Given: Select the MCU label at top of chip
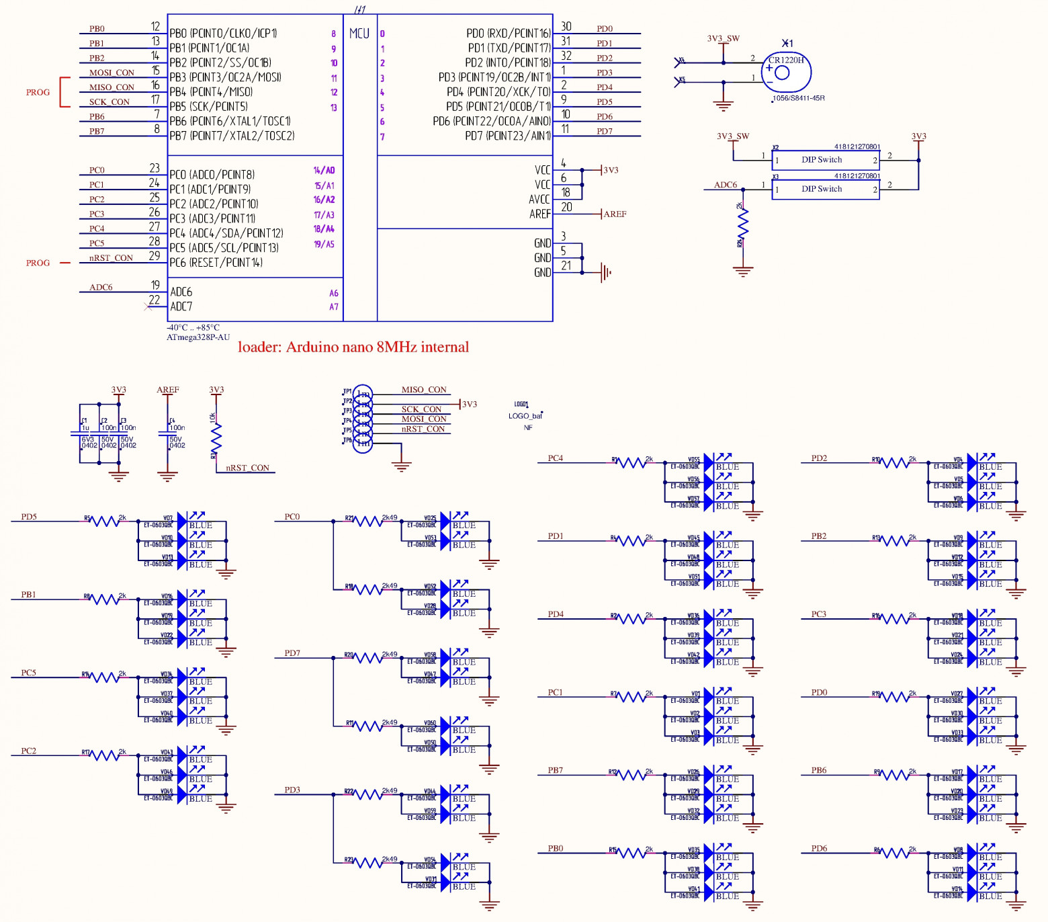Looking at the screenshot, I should (x=359, y=34).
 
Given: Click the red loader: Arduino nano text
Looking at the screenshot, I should (x=353, y=347).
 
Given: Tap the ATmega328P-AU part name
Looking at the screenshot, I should (x=198, y=337).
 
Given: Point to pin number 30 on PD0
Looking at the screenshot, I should (x=566, y=27).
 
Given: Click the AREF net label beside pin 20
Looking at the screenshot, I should (x=615, y=214).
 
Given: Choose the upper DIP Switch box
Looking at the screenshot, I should (x=826, y=161).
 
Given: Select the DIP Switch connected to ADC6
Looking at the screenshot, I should (x=826, y=190).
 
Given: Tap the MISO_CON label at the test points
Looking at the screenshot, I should (x=424, y=390).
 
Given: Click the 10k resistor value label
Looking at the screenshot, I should (x=213, y=417).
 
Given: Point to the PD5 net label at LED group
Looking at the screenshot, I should (x=29, y=517).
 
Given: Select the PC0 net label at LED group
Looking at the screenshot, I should (x=292, y=517).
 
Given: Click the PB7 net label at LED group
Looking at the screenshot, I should (x=556, y=770).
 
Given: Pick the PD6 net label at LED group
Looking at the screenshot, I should (x=819, y=848).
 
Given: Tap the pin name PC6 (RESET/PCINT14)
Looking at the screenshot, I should (x=216, y=263).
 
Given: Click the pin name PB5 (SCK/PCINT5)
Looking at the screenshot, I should (x=208, y=106).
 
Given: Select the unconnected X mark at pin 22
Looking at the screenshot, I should (x=148, y=307).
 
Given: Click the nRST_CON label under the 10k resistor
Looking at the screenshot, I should (x=247, y=468).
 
